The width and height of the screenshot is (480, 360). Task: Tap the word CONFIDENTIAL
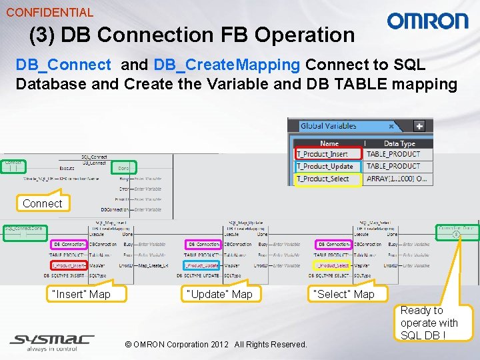[49, 12]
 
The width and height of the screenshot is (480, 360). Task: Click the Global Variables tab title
[328, 125]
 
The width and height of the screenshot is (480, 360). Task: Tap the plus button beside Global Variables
[419, 125]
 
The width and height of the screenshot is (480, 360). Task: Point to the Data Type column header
[400, 143]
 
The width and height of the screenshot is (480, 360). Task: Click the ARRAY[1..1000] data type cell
[397, 179]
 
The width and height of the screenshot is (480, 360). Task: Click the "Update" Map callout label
[219, 293]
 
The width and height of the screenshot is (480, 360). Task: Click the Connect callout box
[42, 203]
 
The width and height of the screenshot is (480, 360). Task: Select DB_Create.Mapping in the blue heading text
[227, 65]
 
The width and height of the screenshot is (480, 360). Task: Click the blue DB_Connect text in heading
[63, 65]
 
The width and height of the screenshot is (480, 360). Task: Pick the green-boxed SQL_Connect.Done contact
[23, 229]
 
